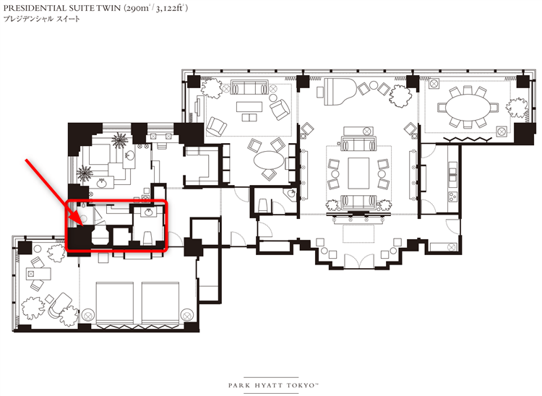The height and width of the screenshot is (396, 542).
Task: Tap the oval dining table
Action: (468, 108)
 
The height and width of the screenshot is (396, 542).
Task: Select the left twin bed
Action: (114, 303)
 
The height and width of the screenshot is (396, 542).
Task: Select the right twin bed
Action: (160, 303)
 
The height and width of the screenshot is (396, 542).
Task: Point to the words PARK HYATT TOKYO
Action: (272, 385)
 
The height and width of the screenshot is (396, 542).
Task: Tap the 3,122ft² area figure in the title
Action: (171, 8)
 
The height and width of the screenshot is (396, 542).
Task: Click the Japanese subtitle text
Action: (41, 19)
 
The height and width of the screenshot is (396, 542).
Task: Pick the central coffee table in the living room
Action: (358, 173)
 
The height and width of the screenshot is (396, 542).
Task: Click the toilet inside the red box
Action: (147, 237)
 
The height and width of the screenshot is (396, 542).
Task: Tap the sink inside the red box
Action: (149, 212)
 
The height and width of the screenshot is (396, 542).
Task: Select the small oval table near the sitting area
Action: (269, 160)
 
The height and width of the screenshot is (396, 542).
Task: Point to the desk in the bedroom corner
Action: (39, 274)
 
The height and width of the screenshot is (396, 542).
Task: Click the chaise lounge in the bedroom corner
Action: (59, 305)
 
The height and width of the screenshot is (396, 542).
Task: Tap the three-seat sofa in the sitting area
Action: (249, 87)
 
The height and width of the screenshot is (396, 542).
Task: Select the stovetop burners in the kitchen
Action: (453, 197)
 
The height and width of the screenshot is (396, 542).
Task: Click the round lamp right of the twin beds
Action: (186, 315)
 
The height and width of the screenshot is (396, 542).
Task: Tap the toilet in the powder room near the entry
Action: (263, 205)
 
